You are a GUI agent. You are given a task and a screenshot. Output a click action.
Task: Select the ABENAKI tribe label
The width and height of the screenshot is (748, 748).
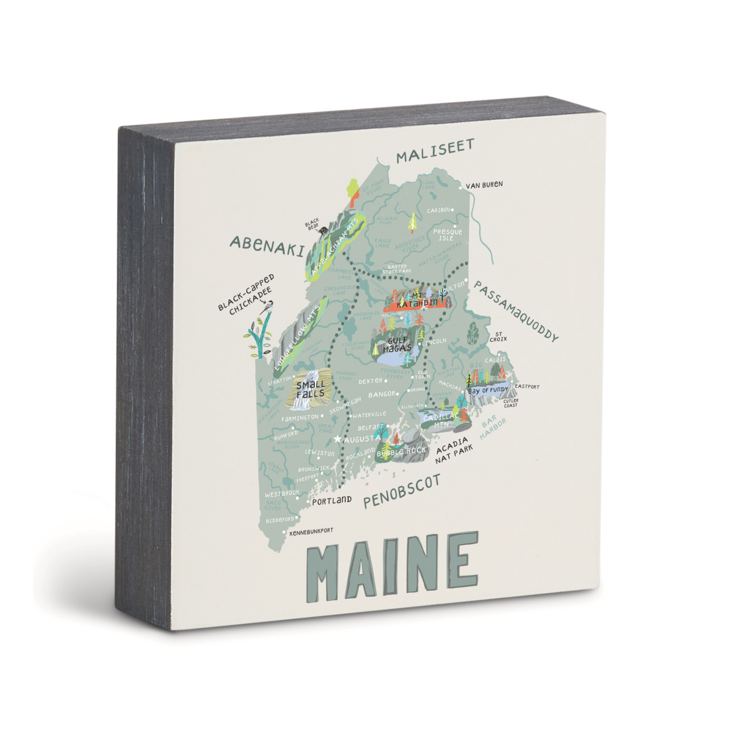267,246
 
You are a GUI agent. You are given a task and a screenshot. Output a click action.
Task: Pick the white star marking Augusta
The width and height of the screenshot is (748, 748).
337,438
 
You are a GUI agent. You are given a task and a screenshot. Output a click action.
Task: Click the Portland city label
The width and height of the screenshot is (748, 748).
331,501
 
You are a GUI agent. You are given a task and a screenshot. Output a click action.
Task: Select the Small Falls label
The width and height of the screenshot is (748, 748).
310,389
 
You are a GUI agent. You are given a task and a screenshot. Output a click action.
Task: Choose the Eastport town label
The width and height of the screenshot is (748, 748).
526,387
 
